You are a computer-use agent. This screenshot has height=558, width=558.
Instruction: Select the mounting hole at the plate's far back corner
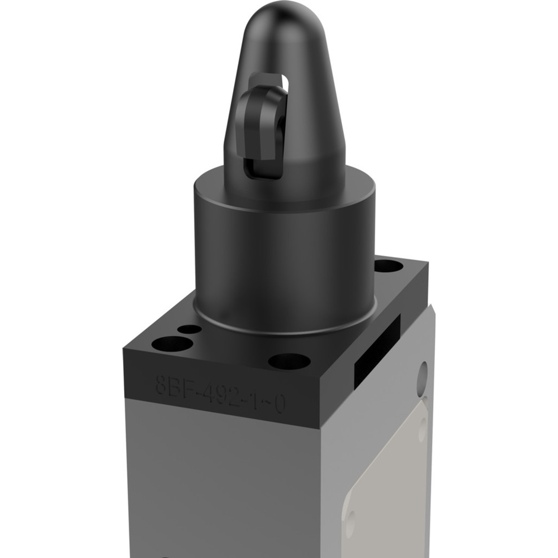pyautogui.click(x=389, y=267)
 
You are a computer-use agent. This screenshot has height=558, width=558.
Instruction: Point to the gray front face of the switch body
pyautogui.click(x=223, y=484)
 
